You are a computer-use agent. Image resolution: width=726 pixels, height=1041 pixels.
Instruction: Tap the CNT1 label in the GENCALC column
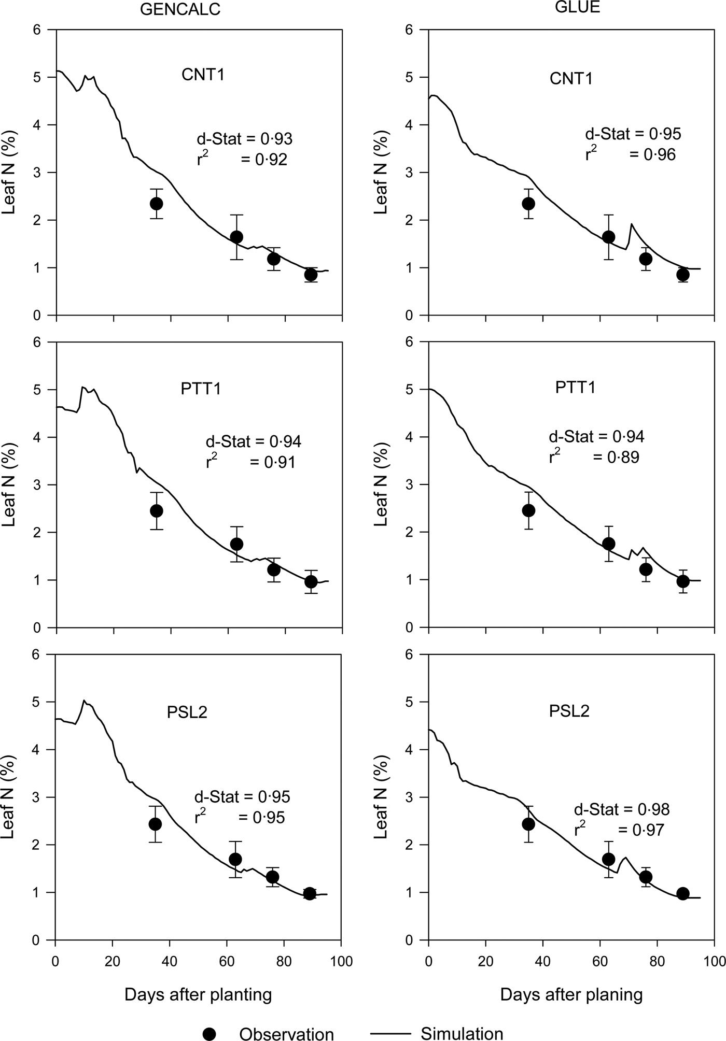(203, 75)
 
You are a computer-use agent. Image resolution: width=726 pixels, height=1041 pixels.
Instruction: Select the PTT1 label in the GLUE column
(575, 388)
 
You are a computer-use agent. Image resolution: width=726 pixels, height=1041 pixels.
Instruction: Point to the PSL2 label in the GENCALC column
(187, 712)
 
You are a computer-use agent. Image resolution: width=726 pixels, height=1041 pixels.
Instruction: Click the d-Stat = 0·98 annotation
(621, 809)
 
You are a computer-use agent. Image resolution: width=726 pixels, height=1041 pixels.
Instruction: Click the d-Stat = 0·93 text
(244, 139)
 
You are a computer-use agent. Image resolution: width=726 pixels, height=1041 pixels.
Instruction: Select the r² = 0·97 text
(619, 830)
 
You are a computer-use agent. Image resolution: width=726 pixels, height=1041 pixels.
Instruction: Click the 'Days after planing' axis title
(571, 994)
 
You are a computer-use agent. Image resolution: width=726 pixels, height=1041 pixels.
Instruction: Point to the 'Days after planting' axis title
(198, 994)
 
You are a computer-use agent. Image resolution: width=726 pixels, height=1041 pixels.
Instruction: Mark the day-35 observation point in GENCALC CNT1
(156, 204)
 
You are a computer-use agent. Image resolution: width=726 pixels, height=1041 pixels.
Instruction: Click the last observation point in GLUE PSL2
(683, 893)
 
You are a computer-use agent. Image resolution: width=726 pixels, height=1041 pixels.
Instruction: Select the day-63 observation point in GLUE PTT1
(609, 544)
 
